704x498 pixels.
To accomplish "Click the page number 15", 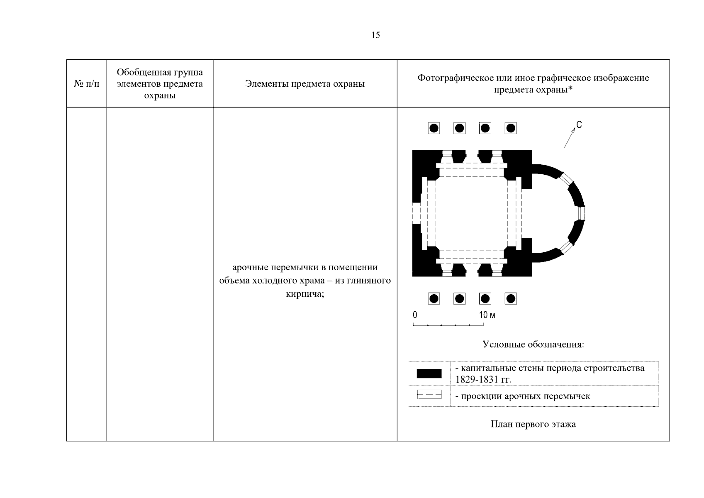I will (x=375, y=35).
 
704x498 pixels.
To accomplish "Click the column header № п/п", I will (x=87, y=84).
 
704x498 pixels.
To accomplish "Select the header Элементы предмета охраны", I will (x=305, y=84).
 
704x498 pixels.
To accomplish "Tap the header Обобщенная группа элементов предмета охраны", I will (x=160, y=84).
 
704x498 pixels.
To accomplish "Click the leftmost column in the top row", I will (x=434, y=128).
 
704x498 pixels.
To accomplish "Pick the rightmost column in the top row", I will (x=511, y=128).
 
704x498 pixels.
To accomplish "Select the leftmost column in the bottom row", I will (x=434, y=298).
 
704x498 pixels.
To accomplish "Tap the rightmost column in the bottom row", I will (x=511, y=298).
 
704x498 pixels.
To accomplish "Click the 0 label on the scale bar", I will (x=415, y=315).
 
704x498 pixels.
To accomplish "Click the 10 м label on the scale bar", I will (x=487, y=315).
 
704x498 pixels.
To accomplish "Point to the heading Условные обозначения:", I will (x=533, y=345).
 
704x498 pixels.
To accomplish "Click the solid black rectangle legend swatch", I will (x=429, y=373).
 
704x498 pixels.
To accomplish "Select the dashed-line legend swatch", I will (x=429, y=395).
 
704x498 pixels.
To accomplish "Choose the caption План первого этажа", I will (x=533, y=424).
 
